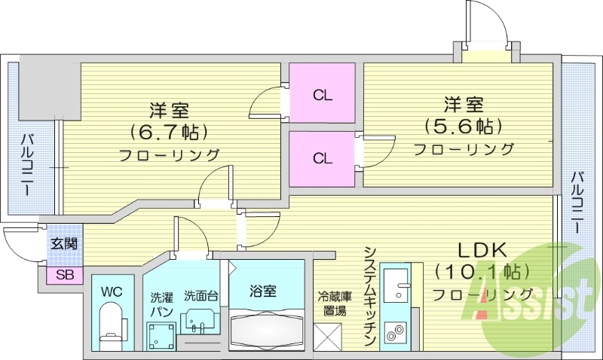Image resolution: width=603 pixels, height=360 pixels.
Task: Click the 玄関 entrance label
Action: pyautogui.click(x=64, y=244)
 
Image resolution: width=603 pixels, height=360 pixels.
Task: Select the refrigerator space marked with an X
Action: pyautogui.click(x=328, y=335)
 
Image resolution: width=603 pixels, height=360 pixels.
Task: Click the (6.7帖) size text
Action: pyautogui.click(x=168, y=133)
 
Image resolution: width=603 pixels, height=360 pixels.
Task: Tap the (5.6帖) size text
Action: pyautogui.click(x=464, y=125)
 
